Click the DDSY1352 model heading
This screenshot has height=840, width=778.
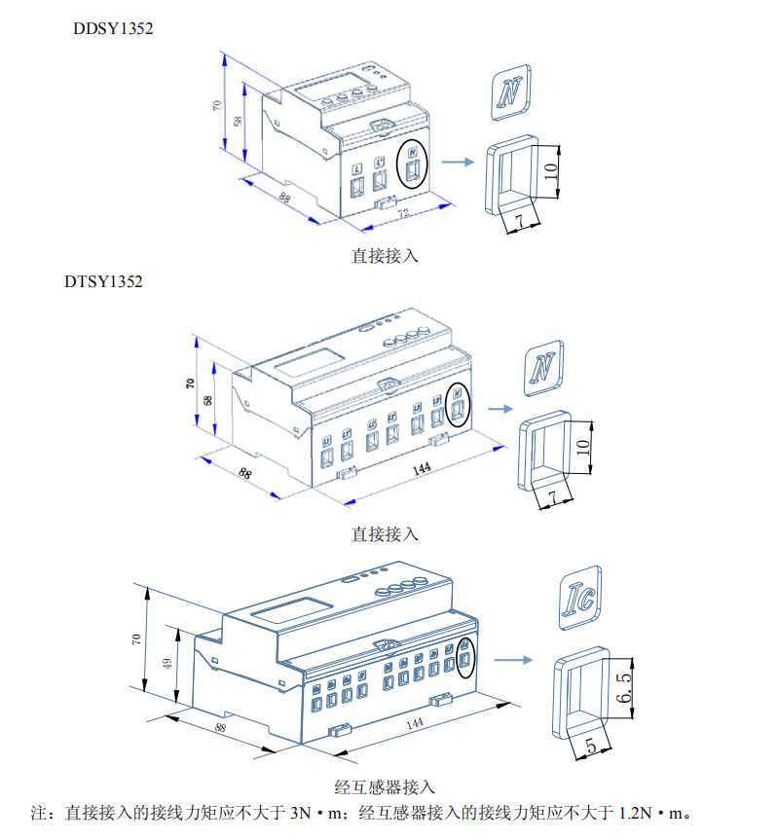(114, 28)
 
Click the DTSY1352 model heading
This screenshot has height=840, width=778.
(103, 282)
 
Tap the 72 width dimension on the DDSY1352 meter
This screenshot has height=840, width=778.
(404, 213)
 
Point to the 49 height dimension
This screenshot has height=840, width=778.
(167, 664)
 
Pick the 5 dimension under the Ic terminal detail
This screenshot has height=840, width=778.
(590, 745)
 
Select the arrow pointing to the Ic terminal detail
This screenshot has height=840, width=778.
(513, 661)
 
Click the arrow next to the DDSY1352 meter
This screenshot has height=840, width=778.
(457, 164)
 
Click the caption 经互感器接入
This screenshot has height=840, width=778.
(385, 787)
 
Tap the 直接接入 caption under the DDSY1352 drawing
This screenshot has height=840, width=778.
(385, 257)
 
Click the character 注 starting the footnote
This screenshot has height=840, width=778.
(39, 813)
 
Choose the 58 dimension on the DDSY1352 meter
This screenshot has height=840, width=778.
(238, 122)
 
